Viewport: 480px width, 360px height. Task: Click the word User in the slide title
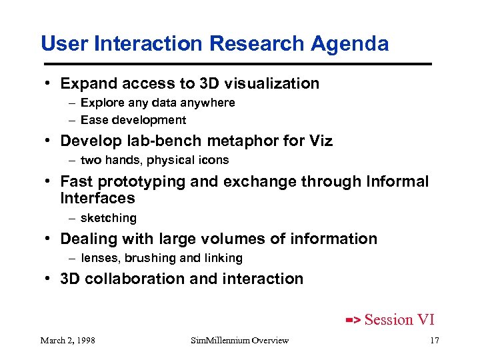tap(62, 44)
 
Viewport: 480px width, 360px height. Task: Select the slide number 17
tap(434, 341)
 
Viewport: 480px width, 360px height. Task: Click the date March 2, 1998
tap(67, 341)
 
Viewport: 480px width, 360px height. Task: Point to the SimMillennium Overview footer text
tap(239, 341)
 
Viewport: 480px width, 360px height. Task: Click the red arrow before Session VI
tap(353, 321)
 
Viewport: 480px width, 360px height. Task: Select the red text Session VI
tap(399, 320)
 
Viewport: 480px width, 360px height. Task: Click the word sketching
tap(108, 218)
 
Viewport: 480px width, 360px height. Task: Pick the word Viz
tap(319, 141)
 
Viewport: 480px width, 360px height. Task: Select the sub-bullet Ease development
tap(133, 120)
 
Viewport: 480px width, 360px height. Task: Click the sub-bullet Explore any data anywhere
tap(157, 103)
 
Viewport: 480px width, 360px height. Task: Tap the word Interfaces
tap(97, 198)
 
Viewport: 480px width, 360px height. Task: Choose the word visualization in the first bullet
tap(273, 83)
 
